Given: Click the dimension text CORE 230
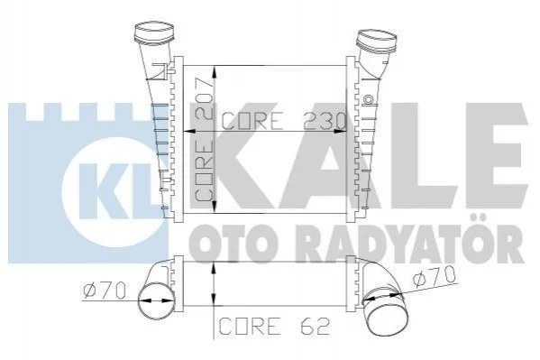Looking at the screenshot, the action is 284,121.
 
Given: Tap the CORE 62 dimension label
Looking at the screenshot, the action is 274,326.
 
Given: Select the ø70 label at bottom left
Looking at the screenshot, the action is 104,291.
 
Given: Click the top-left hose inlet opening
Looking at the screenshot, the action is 153,27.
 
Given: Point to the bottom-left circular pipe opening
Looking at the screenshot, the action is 156,300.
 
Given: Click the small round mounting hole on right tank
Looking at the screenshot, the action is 368,99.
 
